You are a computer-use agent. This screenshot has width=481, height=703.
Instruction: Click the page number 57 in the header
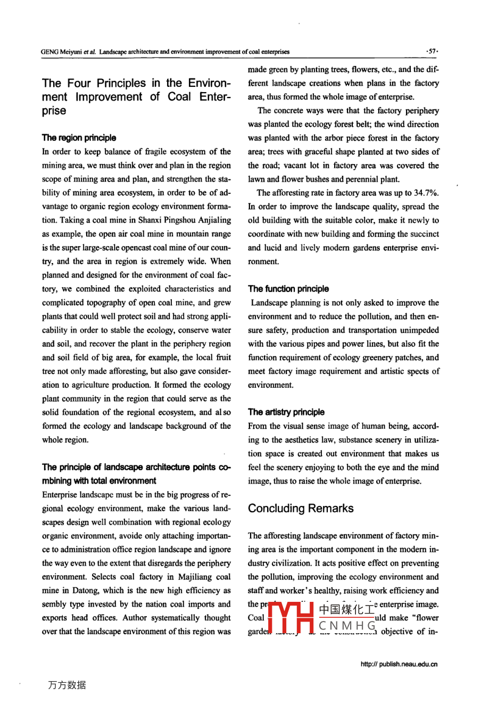click(432, 52)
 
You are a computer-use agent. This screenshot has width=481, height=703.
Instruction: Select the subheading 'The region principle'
click(79, 138)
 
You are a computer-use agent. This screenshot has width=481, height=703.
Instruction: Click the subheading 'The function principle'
click(288, 289)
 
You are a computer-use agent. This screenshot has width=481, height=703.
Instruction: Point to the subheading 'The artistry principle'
click(286, 412)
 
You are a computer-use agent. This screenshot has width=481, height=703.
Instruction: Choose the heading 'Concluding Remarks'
click(301, 509)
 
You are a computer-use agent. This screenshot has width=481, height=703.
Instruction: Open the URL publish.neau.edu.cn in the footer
click(399, 664)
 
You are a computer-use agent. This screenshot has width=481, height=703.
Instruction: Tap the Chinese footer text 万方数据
click(67, 685)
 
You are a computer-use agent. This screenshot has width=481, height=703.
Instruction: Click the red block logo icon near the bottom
click(290, 618)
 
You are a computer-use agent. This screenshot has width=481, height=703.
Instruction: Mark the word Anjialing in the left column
click(214, 220)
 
